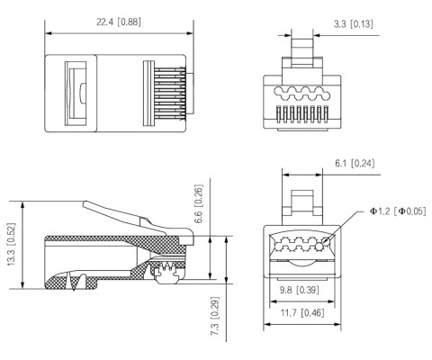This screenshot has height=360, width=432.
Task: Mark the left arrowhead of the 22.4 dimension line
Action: [x=49, y=35]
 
